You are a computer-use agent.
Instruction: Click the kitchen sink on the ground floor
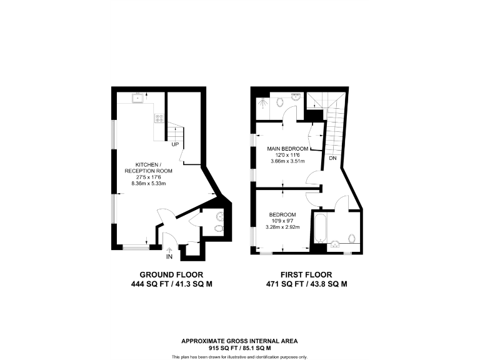click(x=137, y=97)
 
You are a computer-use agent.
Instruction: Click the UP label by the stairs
click(x=176, y=144)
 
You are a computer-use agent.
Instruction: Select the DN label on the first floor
click(x=334, y=159)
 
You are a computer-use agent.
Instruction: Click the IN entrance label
click(x=169, y=257)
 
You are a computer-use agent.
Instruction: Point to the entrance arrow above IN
click(x=169, y=249)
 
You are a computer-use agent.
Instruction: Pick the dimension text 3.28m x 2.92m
click(x=284, y=227)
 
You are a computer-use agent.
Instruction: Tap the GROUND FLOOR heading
click(x=171, y=274)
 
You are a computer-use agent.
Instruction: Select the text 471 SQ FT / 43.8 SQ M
click(x=306, y=284)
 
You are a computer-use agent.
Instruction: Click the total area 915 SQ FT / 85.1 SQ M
click(x=239, y=347)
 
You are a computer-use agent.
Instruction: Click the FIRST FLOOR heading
click(x=306, y=274)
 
